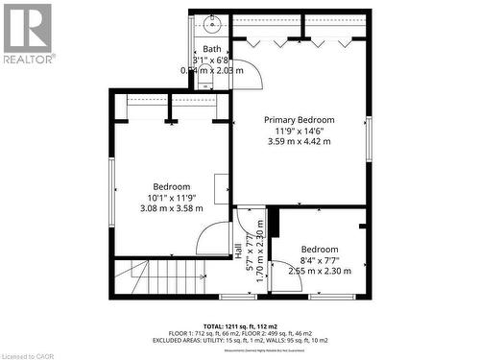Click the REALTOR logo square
tap(28, 28)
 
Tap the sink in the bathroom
tap(211, 24)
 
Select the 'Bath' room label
tap(211, 49)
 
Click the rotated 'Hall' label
tap(238, 252)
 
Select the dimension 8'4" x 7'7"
tap(319, 260)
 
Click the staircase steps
tap(168, 278)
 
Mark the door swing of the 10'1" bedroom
tap(213, 240)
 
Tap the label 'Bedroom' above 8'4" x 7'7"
tap(319, 249)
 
